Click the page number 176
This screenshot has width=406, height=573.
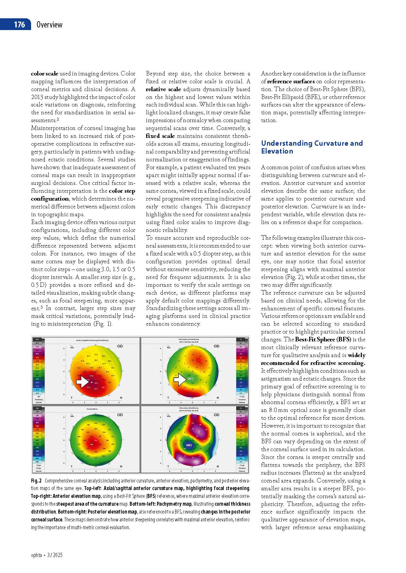tap(19, 25)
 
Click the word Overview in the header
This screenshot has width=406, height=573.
tap(49, 25)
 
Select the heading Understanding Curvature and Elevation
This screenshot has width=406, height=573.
tap(312, 147)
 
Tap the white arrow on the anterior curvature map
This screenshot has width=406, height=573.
tap(82, 381)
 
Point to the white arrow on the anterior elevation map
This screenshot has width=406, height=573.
tap(180, 380)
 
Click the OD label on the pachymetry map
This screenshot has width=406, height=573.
tap(120, 415)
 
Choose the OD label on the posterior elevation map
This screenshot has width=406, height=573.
tap(217, 415)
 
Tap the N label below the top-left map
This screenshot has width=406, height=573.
tap(121, 398)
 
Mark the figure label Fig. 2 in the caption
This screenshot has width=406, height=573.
tap(36, 481)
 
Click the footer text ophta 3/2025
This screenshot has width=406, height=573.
tap(46, 555)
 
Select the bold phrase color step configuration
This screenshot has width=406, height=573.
tap(83, 195)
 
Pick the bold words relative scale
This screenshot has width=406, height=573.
tap(163, 89)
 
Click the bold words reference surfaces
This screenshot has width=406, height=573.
tap(291, 81)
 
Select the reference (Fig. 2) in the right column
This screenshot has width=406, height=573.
tap(294, 277)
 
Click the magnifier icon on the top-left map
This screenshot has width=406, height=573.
tap(71, 347)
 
